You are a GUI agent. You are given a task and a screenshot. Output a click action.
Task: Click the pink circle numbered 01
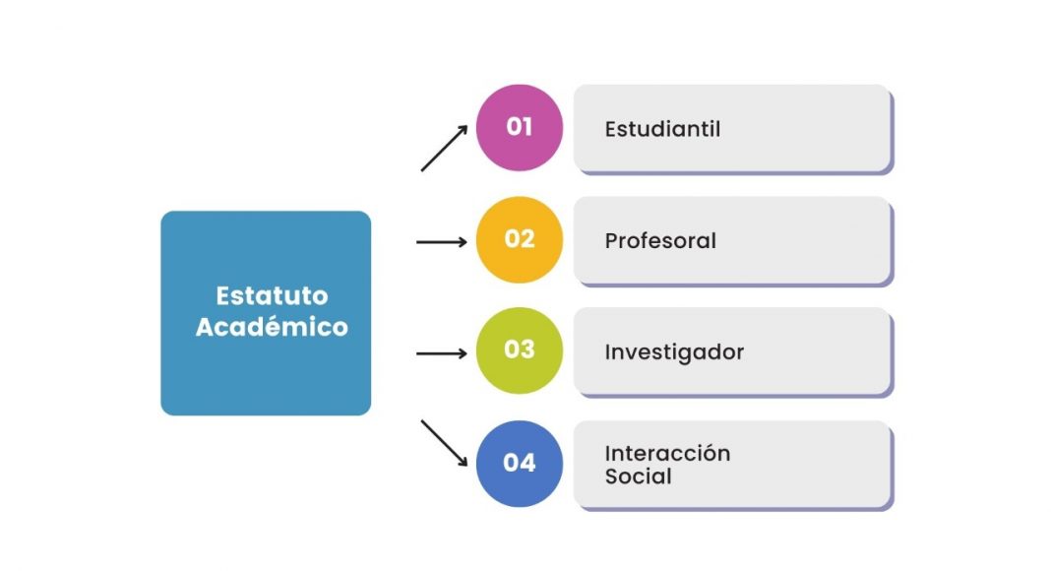click(x=520, y=127)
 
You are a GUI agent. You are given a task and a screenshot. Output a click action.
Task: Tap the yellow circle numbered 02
click(x=520, y=240)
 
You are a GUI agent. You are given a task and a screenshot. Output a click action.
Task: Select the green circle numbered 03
click(x=520, y=350)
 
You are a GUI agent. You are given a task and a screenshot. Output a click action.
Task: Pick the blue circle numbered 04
click(x=520, y=464)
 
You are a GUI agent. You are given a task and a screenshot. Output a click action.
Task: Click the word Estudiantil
click(x=662, y=129)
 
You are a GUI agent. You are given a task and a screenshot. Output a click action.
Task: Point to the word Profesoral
click(x=660, y=240)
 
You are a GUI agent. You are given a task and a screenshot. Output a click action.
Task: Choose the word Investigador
click(x=674, y=352)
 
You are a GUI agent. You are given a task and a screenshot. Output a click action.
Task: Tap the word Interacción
click(x=667, y=453)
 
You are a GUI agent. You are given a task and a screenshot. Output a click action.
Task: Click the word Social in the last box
click(x=638, y=476)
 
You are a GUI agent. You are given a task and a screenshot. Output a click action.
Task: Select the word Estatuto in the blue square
click(x=273, y=295)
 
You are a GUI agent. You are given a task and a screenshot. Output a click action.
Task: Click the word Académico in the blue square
click(x=273, y=327)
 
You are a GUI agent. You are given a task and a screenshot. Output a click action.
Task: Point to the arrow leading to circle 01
click(x=444, y=148)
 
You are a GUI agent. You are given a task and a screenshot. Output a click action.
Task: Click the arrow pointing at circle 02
click(x=442, y=242)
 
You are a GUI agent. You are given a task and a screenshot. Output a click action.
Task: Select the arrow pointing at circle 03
click(x=442, y=353)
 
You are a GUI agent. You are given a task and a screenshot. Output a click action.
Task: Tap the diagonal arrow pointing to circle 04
click(x=444, y=443)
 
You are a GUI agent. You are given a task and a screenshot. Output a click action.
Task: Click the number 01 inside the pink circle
click(x=520, y=127)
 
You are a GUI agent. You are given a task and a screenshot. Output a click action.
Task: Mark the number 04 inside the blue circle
click(x=520, y=463)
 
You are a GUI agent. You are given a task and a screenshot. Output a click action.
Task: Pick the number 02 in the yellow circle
click(x=520, y=238)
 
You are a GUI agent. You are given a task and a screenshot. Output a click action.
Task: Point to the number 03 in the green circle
click(x=520, y=349)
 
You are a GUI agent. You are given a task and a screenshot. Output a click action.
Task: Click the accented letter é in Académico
click(x=279, y=326)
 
